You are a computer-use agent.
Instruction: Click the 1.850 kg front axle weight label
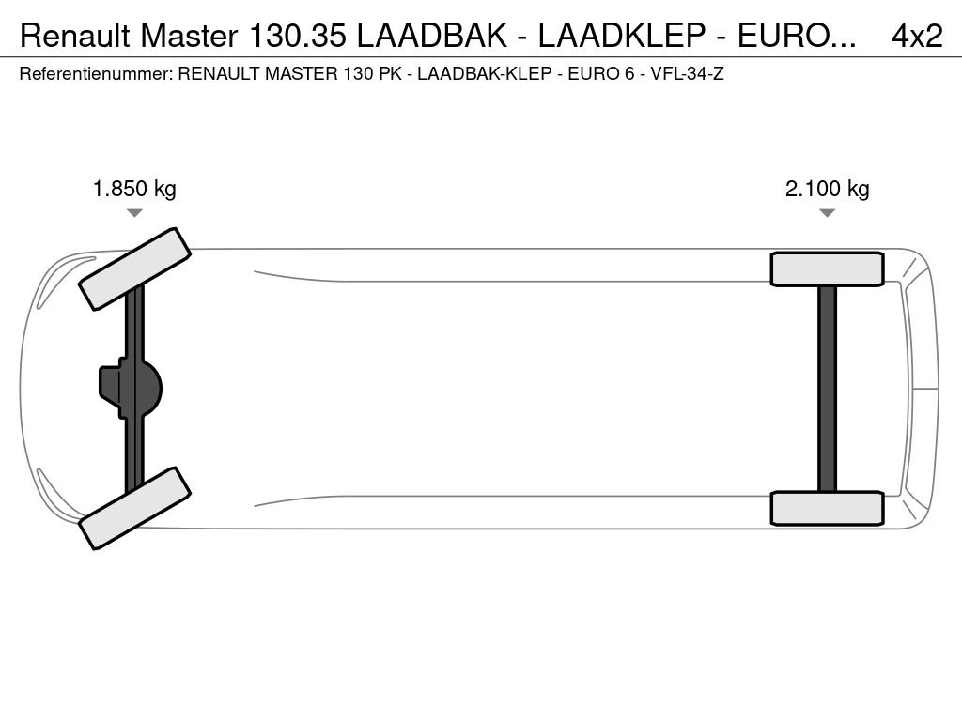pyautogui.click(x=134, y=189)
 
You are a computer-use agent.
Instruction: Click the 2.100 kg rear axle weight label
pyautogui.click(x=827, y=189)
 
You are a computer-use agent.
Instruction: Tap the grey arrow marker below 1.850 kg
pyautogui.click(x=134, y=213)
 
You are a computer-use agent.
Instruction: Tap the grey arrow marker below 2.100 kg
pyautogui.click(x=827, y=213)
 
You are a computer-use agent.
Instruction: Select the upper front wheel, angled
pyautogui.click(x=135, y=268)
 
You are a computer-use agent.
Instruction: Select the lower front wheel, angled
pyautogui.click(x=135, y=508)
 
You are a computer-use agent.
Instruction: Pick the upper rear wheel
pyautogui.click(x=827, y=269)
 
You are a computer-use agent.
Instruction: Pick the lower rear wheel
pyautogui.click(x=827, y=508)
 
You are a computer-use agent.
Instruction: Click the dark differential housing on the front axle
pyautogui.click(x=130, y=389)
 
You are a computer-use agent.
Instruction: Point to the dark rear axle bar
pyautogui.click(x=827, y=389)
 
